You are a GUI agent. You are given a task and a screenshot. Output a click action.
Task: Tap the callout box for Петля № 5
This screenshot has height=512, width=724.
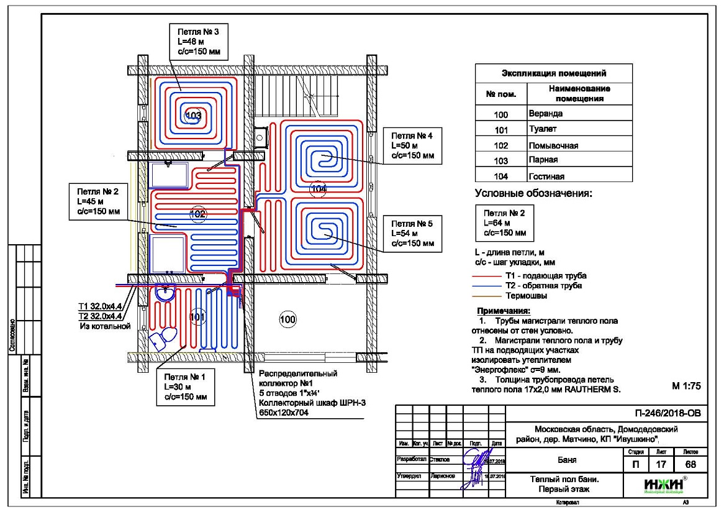click(412, 233)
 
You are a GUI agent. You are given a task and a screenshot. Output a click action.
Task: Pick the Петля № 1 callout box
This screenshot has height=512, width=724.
click(186, 387)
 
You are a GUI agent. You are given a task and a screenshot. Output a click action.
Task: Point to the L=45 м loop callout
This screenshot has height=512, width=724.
click(99, 202)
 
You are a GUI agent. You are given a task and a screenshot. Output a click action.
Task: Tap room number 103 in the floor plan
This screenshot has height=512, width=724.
click(194, 116)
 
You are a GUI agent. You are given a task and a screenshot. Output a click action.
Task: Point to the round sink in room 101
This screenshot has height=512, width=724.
click(166, 293)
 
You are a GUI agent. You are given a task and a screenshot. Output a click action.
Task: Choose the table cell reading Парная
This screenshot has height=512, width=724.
click(579, 160)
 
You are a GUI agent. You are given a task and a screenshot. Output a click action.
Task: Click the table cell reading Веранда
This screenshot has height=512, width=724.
click(579, 114)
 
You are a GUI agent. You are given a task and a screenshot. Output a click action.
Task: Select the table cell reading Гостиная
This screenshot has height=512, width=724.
click(579, 176)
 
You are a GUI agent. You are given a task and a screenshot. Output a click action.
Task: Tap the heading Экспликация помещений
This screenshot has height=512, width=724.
click(553, 73)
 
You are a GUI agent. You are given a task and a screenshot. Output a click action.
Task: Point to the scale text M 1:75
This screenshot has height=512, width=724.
click(686, 386)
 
